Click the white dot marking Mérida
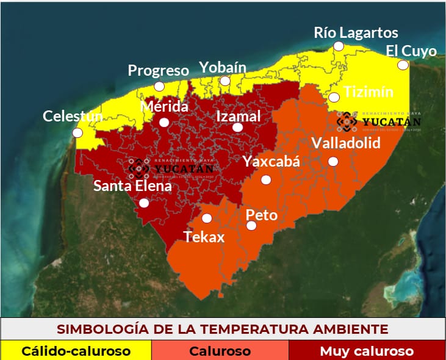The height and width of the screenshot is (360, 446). (x=164, y=122)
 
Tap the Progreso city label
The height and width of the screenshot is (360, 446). (x=158, y=71)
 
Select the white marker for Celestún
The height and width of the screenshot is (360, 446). (x=77, y=132)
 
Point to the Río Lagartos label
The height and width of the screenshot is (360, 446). (x=356, y=33)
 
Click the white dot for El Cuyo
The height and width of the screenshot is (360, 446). (x=402, y=65)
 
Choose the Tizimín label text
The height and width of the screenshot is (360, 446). (x=369, y=93)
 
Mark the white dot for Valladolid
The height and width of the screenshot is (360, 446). (x=333, y=161)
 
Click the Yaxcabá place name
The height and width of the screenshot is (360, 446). (x=272, y=162)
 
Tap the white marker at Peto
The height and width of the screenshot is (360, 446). (x=251, y=226)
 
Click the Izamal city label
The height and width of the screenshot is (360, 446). (x=239, y=116)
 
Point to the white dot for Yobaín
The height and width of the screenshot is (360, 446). (x=225, y=81)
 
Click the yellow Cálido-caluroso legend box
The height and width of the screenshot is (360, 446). (x=76, y=351)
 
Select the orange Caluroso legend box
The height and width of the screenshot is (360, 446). (x=220, y=351)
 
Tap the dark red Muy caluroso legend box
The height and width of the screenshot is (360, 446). (x=367, y=351)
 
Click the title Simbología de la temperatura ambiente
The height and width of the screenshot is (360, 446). (x=223, y=329)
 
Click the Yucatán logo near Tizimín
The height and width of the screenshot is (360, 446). (x=378, y=121)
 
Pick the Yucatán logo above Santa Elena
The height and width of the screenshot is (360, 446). (x=171, y=167)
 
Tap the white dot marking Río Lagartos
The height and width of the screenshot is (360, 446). (x=338, y=46)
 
